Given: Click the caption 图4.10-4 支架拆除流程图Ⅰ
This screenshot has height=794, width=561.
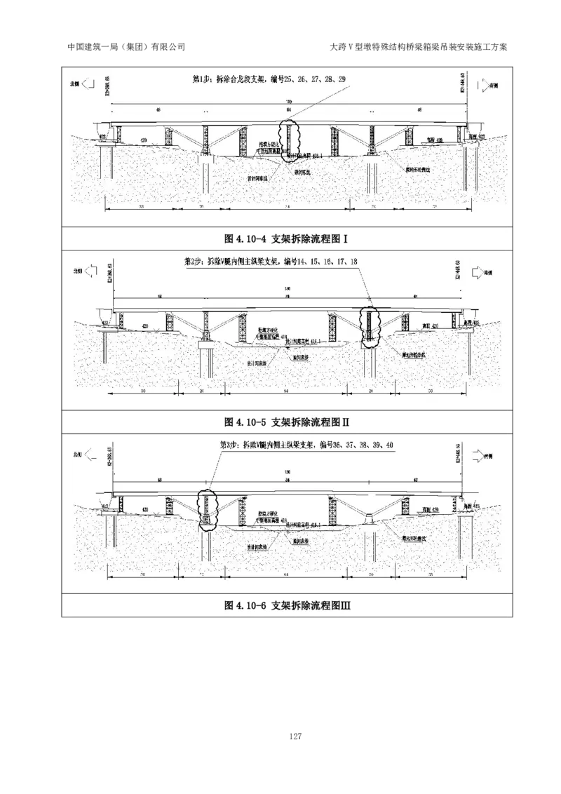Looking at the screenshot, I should tap(287, 239).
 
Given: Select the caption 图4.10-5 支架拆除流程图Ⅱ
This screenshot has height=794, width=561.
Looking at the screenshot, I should tap(287, 422).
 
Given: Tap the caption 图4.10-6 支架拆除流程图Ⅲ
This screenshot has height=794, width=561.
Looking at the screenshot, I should tap(287, 605).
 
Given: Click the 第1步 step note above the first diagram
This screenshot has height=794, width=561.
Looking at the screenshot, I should tap(269, 79).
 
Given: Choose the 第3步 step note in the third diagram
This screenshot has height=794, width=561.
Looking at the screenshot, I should tap(306, 445).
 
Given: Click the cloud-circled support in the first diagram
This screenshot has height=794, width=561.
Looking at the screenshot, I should tap(288, 140).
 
